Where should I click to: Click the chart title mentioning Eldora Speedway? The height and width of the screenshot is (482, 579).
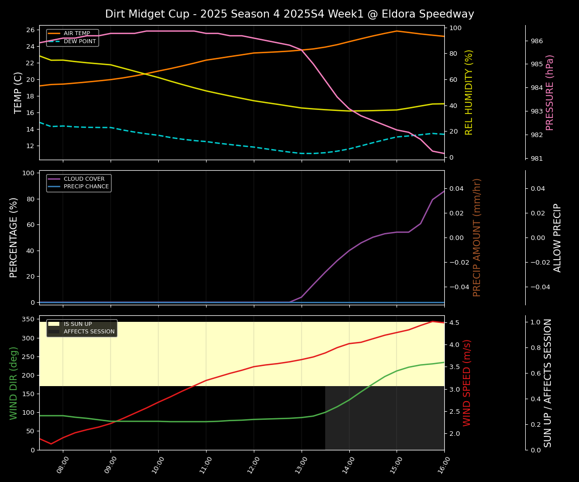coord(289,14)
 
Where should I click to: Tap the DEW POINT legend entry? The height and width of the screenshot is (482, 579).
coord(79,41)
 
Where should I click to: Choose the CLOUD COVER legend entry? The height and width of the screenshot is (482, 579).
coord(84,179)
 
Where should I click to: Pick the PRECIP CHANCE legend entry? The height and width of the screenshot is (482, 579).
coord(86,186)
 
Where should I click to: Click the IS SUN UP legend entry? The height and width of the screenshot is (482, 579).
coord(77,324)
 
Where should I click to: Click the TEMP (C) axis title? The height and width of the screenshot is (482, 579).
coord(19,92)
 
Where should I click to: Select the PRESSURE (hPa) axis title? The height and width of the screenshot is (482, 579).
coord(550,92)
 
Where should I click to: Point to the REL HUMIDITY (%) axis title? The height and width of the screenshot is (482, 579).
coord(469,92)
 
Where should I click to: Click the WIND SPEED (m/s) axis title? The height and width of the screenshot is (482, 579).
coord(467,383)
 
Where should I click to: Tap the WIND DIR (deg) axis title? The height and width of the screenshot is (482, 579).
coord(14,383)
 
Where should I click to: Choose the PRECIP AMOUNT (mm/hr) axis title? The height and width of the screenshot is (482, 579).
coord(477,237)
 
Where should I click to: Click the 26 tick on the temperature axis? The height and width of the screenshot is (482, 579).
coord(30,30)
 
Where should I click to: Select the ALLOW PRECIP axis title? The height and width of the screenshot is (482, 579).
coord(557,237)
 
